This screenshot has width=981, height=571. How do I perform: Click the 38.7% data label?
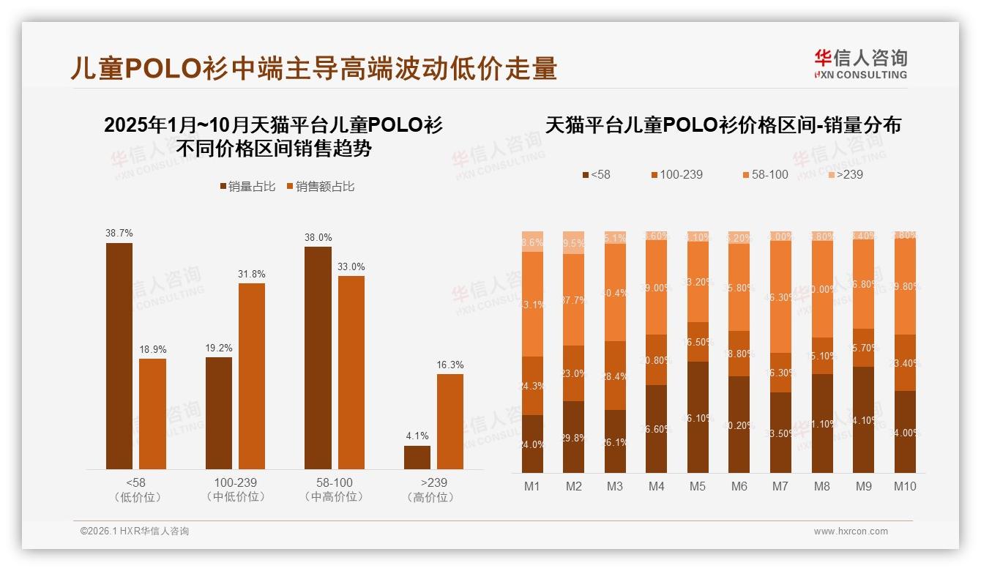pyautogui.click(x=119, y=233)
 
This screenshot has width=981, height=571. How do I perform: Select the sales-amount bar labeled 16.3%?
pyautogui.click(x=450, y=422)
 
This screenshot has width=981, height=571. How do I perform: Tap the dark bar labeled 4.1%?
pyautogui.click(x=417, y=457)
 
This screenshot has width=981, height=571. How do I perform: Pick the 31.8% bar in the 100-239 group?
pyautogui.click(x=252, y=376)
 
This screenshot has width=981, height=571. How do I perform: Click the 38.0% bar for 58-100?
pyautogui.click(x=318, y=357)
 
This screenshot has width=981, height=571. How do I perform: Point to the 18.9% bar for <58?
pyautogui.click(x=153, y=414)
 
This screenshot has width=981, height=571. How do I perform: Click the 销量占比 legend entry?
pyautogui.click(x=247, y=187)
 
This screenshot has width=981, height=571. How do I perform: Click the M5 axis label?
pyautogui.click(x=698, y=486)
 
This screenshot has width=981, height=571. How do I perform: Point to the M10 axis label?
pyautogui.click(x=905, y=486)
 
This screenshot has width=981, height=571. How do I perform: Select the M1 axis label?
pyautogui.click(x=532, y=486)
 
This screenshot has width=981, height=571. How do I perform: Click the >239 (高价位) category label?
pyautogui.click(x=434, y=490)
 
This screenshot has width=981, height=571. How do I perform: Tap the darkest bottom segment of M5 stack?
pyautogui.click(x=698, y=417)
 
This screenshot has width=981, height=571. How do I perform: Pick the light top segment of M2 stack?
pyautogui.click(x=573, y=242)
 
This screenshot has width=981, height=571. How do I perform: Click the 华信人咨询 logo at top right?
pyautogui.click(x=860, y=64)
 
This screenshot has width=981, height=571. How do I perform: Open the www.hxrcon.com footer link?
pyautogui.click(x=851, y=531)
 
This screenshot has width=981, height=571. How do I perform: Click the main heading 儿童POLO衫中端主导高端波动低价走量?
pyautogui.click(x=313, y=68)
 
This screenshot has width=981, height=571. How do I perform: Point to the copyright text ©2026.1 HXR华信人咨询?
pyautogui.click(x=134, y=531)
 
